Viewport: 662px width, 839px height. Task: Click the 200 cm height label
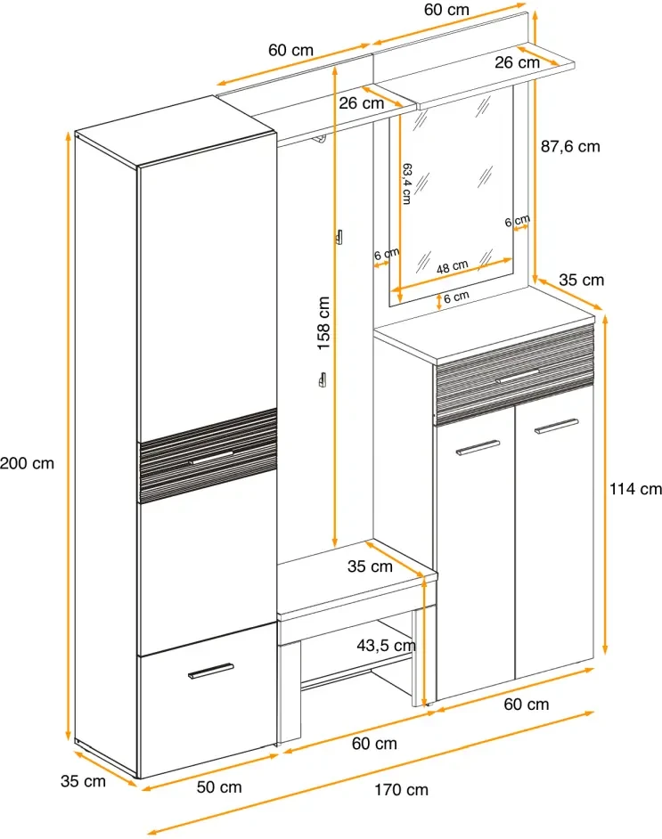click(x=27, y=463)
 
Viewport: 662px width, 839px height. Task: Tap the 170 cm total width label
click(x=401, y=790)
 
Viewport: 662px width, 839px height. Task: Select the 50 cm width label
click(x=219, y=787)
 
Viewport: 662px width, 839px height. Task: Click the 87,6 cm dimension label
click(x=571, y=147)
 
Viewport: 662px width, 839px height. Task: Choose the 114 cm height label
click(x=635, y=488)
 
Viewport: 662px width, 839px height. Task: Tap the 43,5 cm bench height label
click(x=387, y=645)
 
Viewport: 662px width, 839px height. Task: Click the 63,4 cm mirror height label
click(x=406, y=183)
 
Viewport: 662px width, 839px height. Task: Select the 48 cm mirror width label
click(x=453, y=265)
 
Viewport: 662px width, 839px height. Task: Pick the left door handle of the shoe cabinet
click(x=478, y=447)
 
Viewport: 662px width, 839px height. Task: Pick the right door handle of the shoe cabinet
click(x=556, y=428)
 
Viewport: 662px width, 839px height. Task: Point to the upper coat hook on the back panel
click(x=339, y=237)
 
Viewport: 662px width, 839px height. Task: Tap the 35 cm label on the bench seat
click(x=370, y=566)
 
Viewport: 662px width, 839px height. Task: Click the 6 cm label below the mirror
click(x=456, y=297)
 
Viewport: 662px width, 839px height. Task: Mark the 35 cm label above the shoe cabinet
click(x=582, y=280)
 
